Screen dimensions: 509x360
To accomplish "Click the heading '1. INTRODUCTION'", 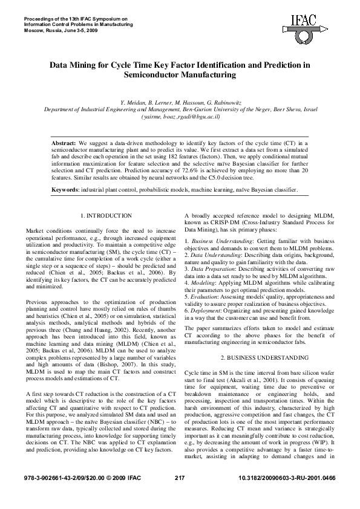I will pyautogui.click(x=106, y=216).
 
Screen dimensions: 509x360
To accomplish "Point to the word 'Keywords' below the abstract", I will pyautogui.click(x=67, y=189).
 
